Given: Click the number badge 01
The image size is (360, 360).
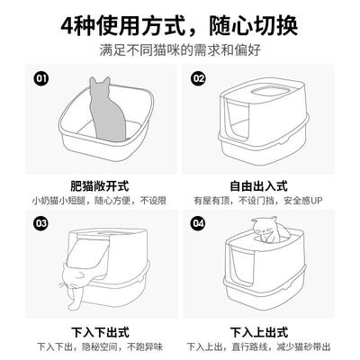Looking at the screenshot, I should (x=40, y=78).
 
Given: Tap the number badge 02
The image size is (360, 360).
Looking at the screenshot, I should (x=200, y=78).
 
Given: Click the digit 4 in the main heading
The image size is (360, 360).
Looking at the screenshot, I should (x=69, y=21).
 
